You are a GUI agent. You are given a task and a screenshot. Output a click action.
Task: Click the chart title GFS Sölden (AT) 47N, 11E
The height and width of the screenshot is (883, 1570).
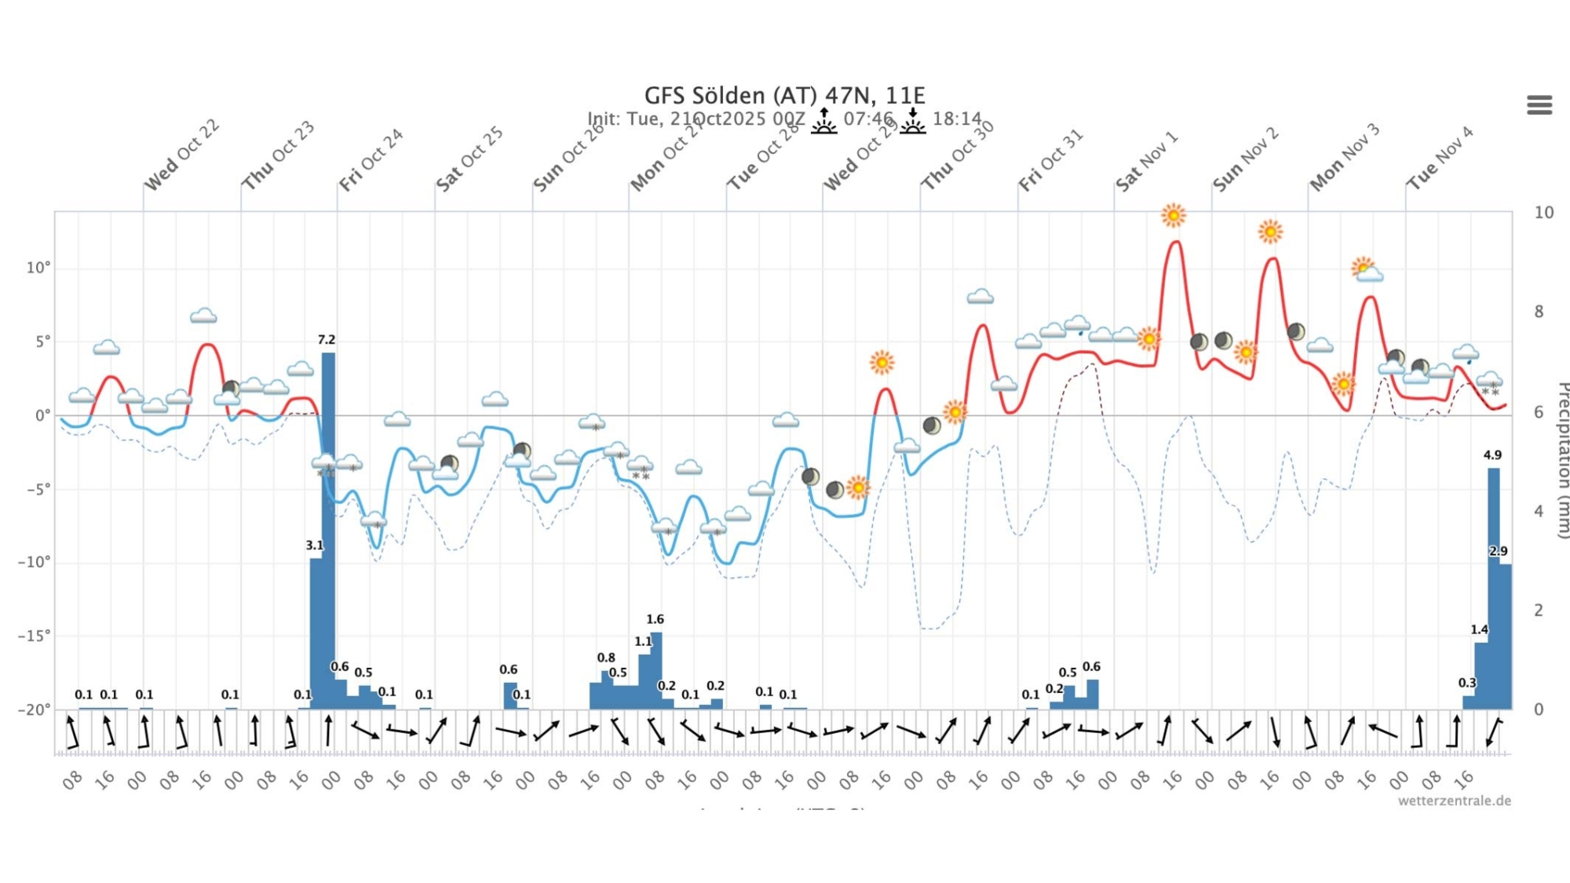[x=784, y=96]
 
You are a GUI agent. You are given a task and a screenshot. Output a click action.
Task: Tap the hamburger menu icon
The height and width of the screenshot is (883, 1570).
[x=1539, y=104]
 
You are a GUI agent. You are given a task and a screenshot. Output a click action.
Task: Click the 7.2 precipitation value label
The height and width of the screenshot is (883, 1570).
[x=327, y=340]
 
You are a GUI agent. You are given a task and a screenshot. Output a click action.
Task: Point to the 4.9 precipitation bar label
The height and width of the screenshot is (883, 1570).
[x=1492, y=455]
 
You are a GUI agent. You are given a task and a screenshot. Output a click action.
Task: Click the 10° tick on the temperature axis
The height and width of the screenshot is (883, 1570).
[x=38, y=268]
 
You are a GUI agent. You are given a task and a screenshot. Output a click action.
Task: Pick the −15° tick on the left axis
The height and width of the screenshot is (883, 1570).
[x=34, y=635]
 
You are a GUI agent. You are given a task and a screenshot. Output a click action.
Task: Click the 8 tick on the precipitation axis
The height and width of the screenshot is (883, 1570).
[x=1543, y=312]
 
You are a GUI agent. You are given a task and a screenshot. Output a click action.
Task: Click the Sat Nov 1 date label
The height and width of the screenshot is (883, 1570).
[x=1147, y=162]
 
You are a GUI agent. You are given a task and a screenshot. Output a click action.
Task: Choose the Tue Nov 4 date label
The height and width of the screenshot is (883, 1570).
[x=1440, y=159]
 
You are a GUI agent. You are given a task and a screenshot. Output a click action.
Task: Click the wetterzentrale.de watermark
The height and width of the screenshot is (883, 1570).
[x=1454, y=801]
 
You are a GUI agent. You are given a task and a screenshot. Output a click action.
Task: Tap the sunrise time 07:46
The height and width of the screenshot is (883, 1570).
[x=868, y=119]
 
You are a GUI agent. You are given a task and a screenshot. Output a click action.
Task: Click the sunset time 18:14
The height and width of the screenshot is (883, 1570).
[x=957, y=119]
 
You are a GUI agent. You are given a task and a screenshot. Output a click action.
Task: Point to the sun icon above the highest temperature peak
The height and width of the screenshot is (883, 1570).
[x=1173, y=215]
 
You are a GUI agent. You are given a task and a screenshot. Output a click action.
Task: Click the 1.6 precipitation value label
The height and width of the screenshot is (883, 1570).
[x=655, y=619]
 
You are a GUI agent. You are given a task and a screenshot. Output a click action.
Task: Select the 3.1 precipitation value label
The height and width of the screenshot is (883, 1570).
[x=314, y=545]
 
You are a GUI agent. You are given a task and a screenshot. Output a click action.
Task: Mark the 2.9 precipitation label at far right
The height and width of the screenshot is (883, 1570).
[x=1498, y=551]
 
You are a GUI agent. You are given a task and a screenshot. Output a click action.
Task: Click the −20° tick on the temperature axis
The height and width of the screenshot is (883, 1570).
[x=34, y=710]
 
